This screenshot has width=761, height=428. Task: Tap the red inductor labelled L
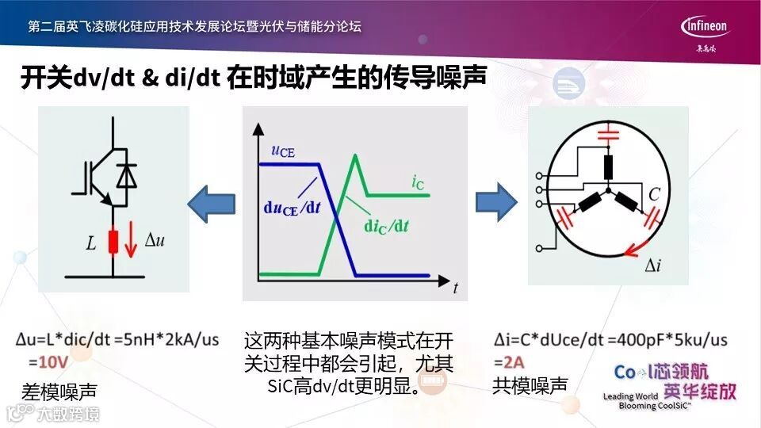113,243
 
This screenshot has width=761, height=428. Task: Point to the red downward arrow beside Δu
132,243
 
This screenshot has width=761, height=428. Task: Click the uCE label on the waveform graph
281,151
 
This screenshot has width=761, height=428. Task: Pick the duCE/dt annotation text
290,209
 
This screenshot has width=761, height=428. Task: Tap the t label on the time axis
455,289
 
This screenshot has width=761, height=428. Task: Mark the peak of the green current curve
357,155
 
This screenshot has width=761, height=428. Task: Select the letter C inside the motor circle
655,192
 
